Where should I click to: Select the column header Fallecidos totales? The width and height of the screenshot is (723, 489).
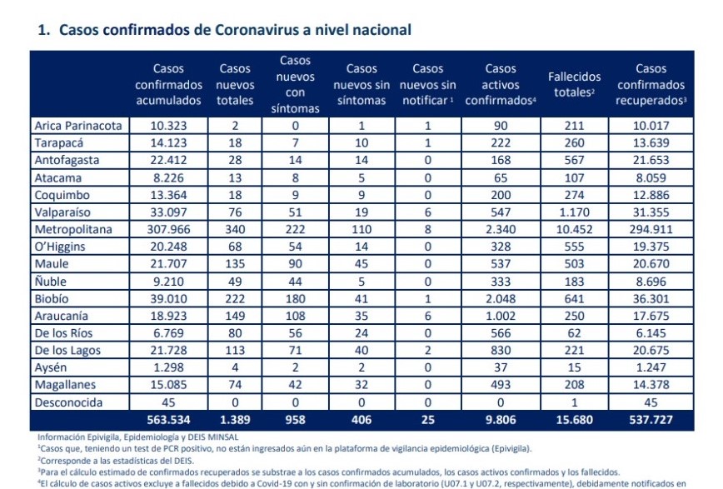pos(574,84)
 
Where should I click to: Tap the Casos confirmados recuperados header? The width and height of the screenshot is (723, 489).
pos(651,84)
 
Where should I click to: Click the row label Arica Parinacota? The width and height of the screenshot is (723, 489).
pos(78,126)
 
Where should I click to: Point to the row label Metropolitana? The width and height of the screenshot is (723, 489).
pos(73,229)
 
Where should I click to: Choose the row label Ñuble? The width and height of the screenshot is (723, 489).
pos(51,281)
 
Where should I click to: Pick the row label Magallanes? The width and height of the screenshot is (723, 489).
pos(65,385)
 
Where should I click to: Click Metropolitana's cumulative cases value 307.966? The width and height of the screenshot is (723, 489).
pos(168,229)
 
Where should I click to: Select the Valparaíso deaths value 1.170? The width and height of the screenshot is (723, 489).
pos(574,212)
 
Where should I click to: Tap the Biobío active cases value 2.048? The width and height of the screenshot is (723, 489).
pos(501,298)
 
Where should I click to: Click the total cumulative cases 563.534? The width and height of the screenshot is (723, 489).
pos(168,420)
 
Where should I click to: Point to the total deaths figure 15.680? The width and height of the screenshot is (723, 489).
pos(574,420)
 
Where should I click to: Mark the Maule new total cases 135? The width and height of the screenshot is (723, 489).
pos(235,264)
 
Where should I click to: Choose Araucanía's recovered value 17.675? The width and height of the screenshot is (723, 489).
pos(651,316)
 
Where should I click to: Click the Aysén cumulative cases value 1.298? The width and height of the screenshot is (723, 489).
pos(168,367)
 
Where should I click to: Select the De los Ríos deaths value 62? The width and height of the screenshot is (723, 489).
pos(574,333)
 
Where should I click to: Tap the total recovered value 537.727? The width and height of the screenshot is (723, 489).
pos(651,420)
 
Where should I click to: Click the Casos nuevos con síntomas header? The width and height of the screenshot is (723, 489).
pos(295,84)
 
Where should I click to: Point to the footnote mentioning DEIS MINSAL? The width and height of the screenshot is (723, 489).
pos(138,437)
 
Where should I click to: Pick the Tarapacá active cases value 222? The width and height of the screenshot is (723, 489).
pos(501,143)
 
